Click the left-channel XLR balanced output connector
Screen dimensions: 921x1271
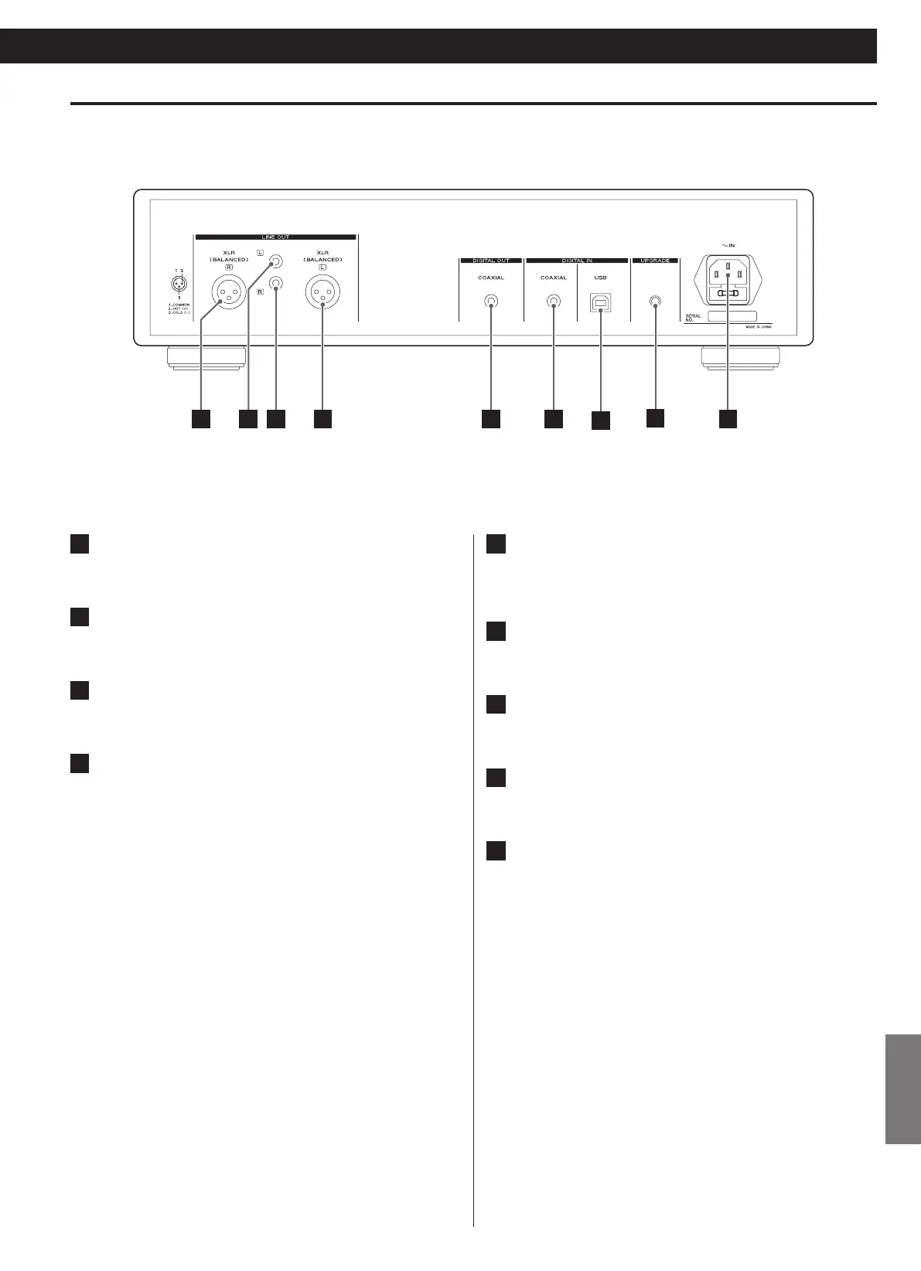(322, 292)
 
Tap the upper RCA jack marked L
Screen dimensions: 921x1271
(275, 264)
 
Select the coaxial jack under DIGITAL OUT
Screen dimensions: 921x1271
(491, 302)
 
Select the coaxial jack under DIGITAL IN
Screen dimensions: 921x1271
(554, 302)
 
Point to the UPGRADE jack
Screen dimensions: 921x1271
(655, 302)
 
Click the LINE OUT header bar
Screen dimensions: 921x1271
(275, 237)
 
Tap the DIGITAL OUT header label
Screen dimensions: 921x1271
(491, 261)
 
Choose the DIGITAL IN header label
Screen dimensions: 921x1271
(577, 261)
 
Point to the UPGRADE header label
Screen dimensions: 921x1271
(655, 261)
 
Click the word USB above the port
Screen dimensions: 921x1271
(600, 278)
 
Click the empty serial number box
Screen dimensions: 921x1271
(732, 316)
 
